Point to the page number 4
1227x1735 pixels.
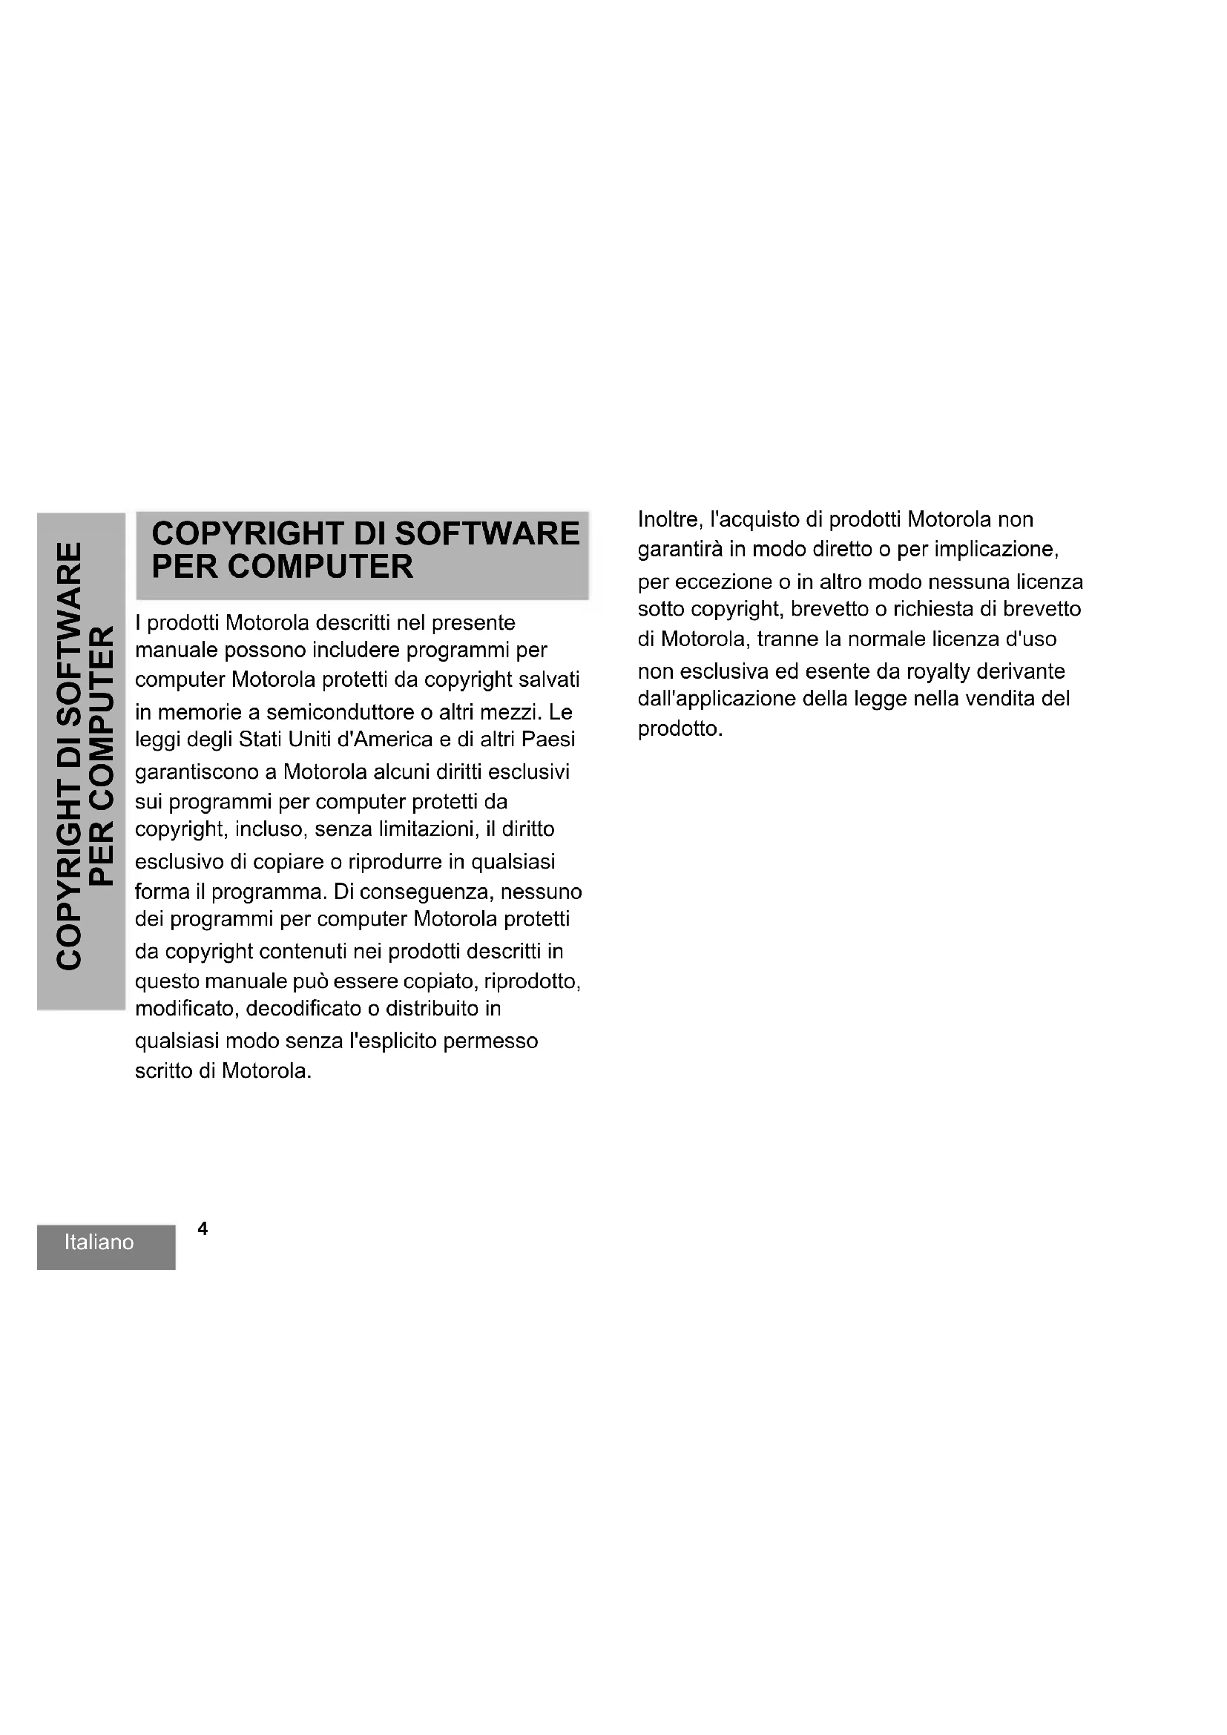click(x=203, y=1228)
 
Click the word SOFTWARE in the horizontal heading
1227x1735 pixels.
click(x=487, y=533)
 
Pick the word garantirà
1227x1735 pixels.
click(x=680, y=550)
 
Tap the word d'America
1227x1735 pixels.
click(x=384, y=739)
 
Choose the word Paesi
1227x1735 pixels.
click(x=547, y=739)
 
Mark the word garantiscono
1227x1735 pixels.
click(x=197, y=772)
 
